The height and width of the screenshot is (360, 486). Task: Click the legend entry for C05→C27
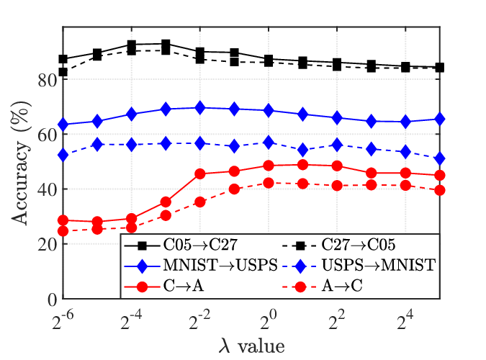(x=200, y=245)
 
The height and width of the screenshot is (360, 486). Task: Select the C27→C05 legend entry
(x=359, y=245)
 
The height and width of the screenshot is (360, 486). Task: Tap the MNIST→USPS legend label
(x=220, y=265)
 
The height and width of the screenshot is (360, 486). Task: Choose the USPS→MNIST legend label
(x=379, y=265)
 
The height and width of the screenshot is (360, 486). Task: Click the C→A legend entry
(x=184, y=286)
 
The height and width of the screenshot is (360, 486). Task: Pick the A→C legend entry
(x=342, y=286)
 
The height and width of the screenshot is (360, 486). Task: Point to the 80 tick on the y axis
(x=48, y=81)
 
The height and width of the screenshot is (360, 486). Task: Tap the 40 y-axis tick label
(x=48, y=190)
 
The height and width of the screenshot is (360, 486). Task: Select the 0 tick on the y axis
(x=53, y=300)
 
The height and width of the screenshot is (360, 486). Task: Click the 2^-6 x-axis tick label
(x=63, y=320)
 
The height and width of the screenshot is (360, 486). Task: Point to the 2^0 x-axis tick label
(x=269, y=320)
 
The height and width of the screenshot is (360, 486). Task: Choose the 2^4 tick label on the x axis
(x=405, y=320)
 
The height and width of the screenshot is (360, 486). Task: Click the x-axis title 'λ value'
(x=252, y=346)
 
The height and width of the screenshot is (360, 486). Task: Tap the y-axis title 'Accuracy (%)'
(x=21, y=163)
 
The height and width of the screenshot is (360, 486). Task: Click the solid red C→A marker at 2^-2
(x=200, y=174)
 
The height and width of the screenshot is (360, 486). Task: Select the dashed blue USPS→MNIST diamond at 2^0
(x=269, y=143)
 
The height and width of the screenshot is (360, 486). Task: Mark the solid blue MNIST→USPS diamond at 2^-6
(x=63, y=125)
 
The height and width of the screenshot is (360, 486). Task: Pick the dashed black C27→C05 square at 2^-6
(x=63, y=72)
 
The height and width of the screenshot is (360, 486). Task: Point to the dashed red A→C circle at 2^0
(x=269, y=183)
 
